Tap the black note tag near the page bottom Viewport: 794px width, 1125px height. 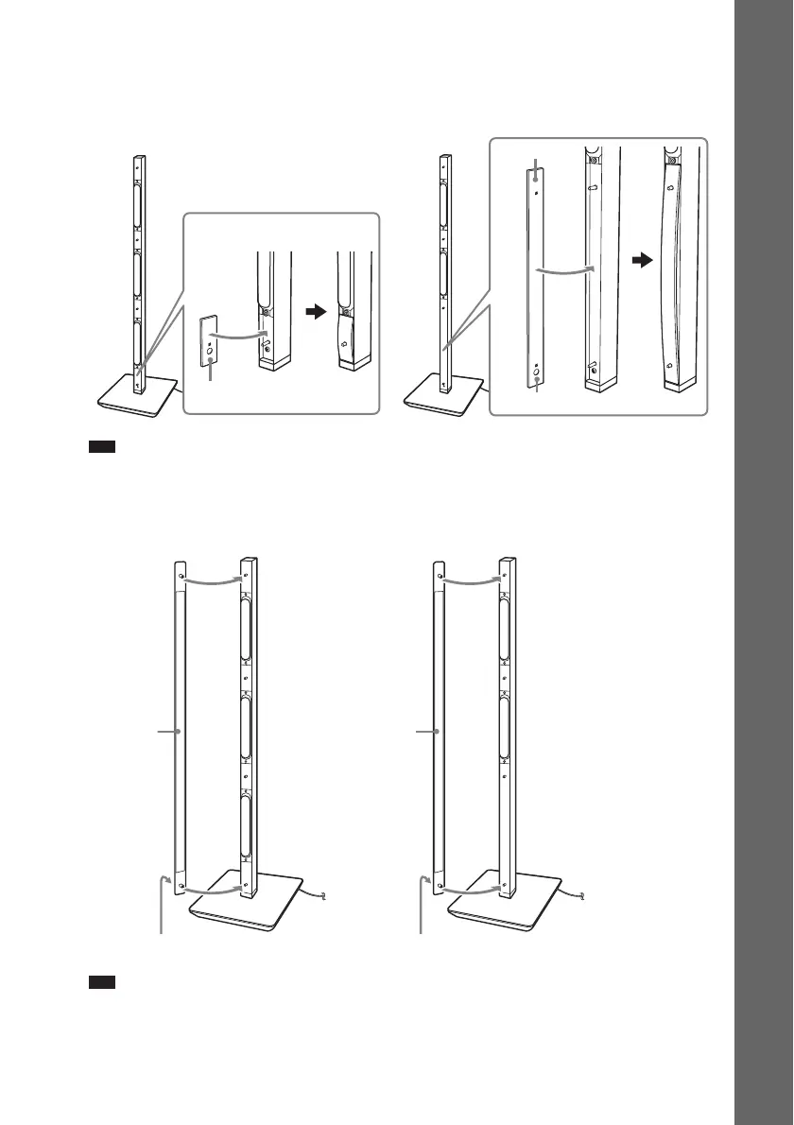102,984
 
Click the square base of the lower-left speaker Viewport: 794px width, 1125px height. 248,909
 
